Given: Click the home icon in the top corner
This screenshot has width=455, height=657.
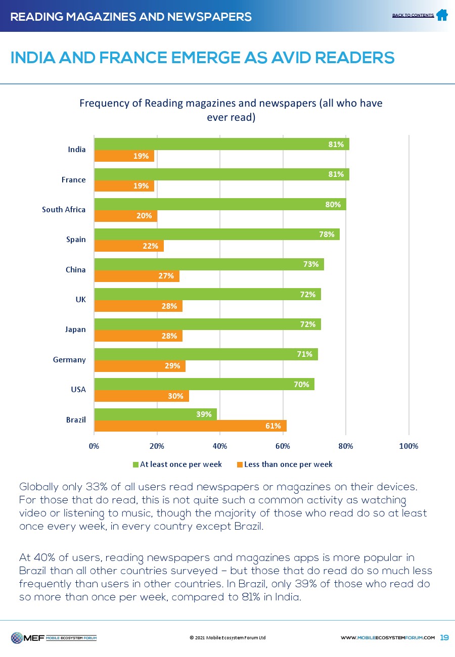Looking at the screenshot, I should click(441, 15).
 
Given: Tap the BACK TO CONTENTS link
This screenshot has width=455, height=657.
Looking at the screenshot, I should click(413, 16).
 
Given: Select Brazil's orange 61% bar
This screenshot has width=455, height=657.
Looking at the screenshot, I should click(190, 426).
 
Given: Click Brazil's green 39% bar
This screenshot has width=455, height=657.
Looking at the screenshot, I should click(155, 414).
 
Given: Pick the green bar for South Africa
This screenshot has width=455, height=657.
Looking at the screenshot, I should click(220, 204).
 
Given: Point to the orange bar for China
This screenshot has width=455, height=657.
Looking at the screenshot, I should click(136, 276).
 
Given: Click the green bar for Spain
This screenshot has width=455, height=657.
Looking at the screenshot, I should click(217, 234).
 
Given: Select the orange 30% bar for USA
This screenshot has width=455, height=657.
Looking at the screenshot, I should click(142, 396).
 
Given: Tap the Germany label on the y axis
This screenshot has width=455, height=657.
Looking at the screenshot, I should click(69, 359).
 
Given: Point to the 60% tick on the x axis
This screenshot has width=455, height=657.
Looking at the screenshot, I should click(283, 446).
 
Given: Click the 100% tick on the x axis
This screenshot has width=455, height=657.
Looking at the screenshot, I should click(408, 446).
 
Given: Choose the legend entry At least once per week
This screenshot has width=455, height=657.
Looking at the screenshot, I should click(177, 464).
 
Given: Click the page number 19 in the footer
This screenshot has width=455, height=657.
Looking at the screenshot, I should click(444, 637).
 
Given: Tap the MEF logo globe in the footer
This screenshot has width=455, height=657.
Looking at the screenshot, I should click(18, 637).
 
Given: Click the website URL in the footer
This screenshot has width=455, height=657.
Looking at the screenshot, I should click(388, 638).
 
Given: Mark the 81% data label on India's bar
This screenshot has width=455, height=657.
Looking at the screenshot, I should click(336, 145).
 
